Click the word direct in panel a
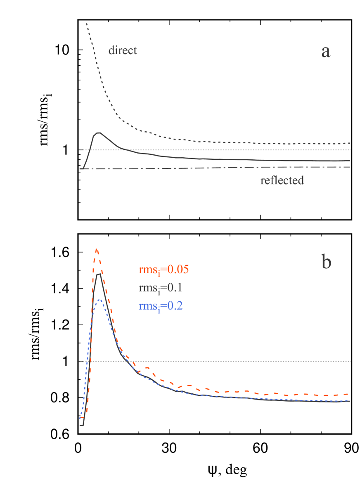coord(123,50)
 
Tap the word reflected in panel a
coord(282,180)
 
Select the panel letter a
coord(326,52)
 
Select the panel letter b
coord(326,262)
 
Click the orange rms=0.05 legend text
coord(164,270)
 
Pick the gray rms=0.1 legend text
coord(161,288)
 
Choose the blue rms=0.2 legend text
coord(161,306)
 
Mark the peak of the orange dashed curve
coord(96,249)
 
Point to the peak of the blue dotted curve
coord(99,300)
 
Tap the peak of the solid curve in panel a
coord(99,133)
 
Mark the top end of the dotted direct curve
coord(86,24)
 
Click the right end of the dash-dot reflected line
coord(350,167)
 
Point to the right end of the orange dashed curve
coord(350,394)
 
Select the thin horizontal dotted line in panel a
coord(215,150)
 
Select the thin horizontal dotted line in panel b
coord(215,361)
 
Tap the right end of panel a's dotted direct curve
coord(350,143)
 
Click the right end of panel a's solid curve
coord(350,160)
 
